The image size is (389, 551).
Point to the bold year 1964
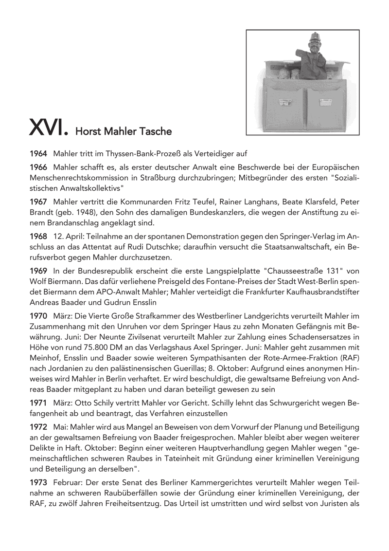38,153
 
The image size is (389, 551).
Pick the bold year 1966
38,167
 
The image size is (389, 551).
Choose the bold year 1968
38,236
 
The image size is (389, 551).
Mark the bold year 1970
38,315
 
